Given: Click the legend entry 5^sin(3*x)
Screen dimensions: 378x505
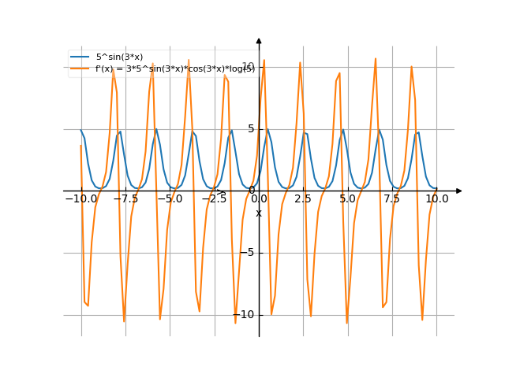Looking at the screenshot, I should [119, 57].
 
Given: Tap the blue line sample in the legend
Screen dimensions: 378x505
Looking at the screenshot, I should [80, 57].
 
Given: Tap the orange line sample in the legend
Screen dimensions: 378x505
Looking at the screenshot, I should [80, 69].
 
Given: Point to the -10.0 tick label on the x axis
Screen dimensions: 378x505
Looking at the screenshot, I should [80, 199].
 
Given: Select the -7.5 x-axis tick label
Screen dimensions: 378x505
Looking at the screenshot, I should [125, 199].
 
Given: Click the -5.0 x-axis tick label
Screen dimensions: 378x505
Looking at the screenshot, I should [170, 199].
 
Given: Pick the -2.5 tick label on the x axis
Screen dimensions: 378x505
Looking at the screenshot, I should [214, 199].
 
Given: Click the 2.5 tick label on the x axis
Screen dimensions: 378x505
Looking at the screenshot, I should [303, 199].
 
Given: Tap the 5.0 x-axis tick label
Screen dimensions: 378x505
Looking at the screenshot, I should [347, 199].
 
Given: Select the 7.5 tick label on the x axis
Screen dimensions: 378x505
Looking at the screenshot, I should [392, 199].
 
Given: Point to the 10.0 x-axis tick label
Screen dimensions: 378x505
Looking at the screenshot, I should [436, 199].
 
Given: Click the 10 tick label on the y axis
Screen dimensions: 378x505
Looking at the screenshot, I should [248, 66].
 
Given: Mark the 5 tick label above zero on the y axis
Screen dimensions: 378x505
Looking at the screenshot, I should [251, 128].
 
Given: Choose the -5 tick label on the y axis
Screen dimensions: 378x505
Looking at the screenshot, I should [249, 253].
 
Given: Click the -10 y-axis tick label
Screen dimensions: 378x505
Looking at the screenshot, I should [246, 315].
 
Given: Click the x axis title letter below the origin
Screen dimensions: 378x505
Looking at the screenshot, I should [259, 213].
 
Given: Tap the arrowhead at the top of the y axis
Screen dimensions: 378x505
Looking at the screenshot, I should [259, 41].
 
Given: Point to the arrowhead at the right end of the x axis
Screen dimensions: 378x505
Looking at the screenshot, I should [458, 191].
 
